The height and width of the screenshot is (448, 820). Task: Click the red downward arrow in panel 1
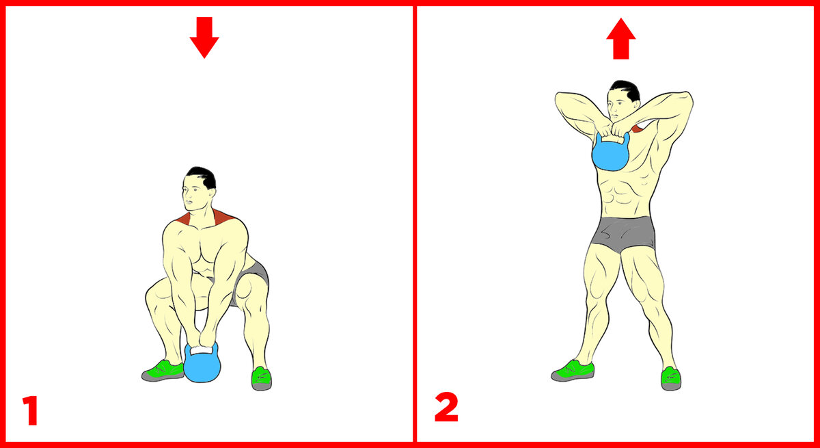coord(204,37)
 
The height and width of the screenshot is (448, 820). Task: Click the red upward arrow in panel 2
coord(621,38)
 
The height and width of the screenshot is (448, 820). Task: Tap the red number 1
coord(31,410)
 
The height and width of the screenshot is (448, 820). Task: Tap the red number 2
coord(446,407)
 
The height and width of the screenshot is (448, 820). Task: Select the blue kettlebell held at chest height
coord(611,152)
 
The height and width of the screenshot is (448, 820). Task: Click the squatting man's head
coord(199,189)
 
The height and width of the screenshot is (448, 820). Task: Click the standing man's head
coord(623,101)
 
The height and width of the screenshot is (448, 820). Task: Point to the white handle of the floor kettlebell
coord(201,350)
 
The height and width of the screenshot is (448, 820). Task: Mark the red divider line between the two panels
coord(414,224)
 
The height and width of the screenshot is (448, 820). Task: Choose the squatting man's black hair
coord(202,176)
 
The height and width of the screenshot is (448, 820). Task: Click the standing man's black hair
coord(627,89)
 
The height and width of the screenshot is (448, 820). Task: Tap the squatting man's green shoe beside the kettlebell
coord(163,370)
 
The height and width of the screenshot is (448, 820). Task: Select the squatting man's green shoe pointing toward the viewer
coord(261,378)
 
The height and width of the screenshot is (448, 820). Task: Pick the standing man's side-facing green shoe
coord(573,370)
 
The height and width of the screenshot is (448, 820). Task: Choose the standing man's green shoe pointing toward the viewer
coord(671,378)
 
